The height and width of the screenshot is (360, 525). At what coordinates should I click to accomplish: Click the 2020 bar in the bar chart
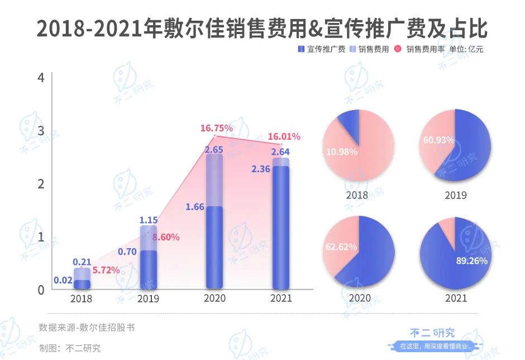214,224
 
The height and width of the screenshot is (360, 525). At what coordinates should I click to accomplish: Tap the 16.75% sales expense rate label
217,129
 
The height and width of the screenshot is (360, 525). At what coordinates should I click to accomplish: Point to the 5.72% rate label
106,270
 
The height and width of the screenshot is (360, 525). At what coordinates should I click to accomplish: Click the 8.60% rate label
166,237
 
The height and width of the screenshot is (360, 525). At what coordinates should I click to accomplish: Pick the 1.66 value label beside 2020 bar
194,207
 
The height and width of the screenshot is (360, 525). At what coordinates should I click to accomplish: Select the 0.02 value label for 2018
63,280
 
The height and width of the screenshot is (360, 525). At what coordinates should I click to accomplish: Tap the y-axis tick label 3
40,131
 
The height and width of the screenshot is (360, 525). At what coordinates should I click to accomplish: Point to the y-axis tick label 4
40,78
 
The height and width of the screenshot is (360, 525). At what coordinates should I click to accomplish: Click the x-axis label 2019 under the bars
147,299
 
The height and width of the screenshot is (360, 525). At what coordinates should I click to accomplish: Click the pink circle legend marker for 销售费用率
398,49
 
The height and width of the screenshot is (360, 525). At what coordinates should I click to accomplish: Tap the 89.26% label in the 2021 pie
471,260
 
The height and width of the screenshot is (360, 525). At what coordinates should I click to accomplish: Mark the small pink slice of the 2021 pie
447,226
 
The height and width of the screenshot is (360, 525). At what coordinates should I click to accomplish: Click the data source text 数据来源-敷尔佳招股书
87,328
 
